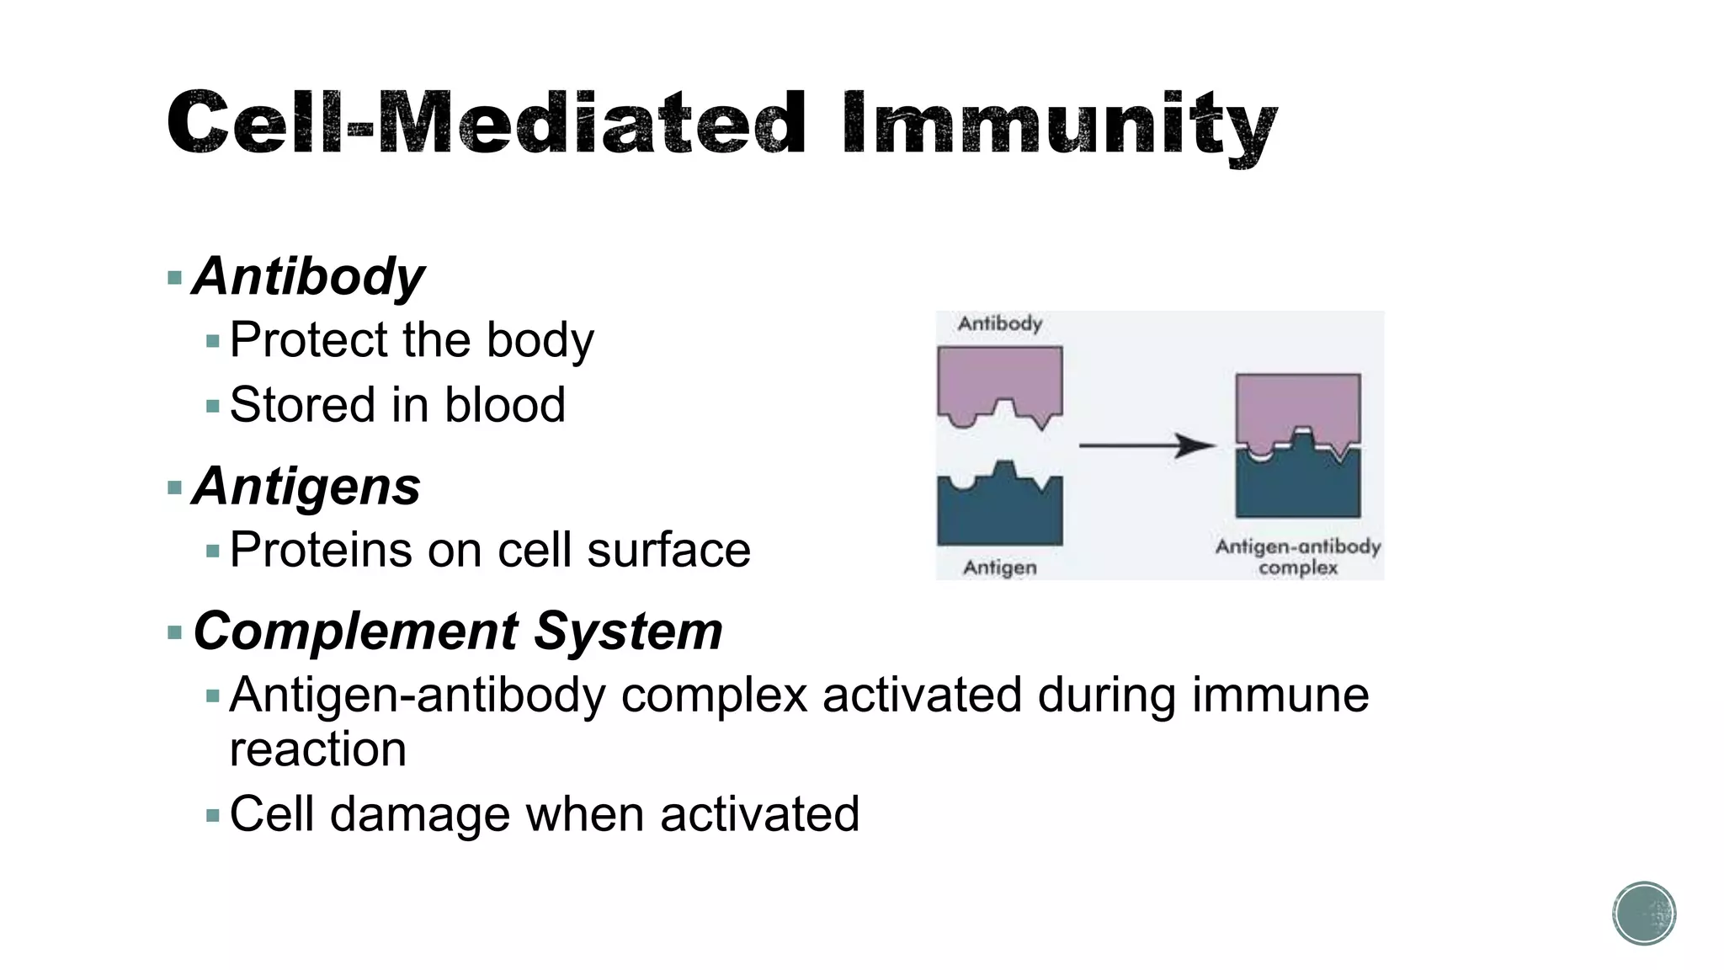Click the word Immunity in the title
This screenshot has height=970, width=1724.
[x=1059, y=125]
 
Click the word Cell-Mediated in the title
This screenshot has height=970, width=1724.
[x=487, y=125]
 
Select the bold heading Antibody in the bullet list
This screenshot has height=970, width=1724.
[x=309, y=276]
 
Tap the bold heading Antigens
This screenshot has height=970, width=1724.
[x=306, y=487]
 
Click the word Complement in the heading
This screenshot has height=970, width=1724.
[x=355, y=631]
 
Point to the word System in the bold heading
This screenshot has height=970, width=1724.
[x=628, y=631]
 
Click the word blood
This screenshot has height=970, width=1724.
[x=504, y=405]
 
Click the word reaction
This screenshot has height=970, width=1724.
[x=317, y=749]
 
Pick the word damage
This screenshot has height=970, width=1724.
[x=419, y=814]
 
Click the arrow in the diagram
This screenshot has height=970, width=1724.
[x=1147, y=445]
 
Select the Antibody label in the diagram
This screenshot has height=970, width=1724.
[x=999, y=323]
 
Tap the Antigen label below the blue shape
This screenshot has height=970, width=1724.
[x=999, y=568]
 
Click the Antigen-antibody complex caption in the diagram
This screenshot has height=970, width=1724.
[x=1297, y=557]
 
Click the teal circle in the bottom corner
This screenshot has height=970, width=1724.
[x=1644, y=913]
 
